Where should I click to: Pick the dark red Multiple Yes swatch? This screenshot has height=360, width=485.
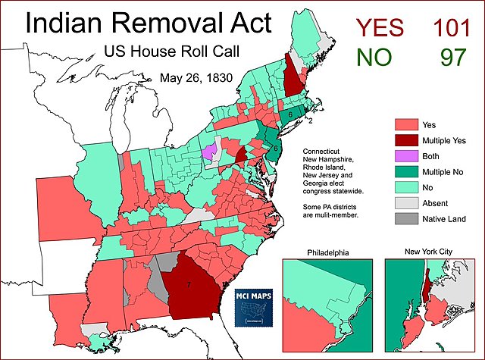coord(407,139)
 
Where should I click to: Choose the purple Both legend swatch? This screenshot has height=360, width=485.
coord(407,155)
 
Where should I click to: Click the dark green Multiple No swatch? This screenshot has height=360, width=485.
coord(407,171)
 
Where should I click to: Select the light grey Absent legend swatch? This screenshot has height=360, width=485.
coord(407,203)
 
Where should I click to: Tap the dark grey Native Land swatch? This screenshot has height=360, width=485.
coord(407,220)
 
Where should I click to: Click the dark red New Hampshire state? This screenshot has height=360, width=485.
coord(291,80)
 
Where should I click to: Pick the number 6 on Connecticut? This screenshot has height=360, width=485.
coord(290,114)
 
